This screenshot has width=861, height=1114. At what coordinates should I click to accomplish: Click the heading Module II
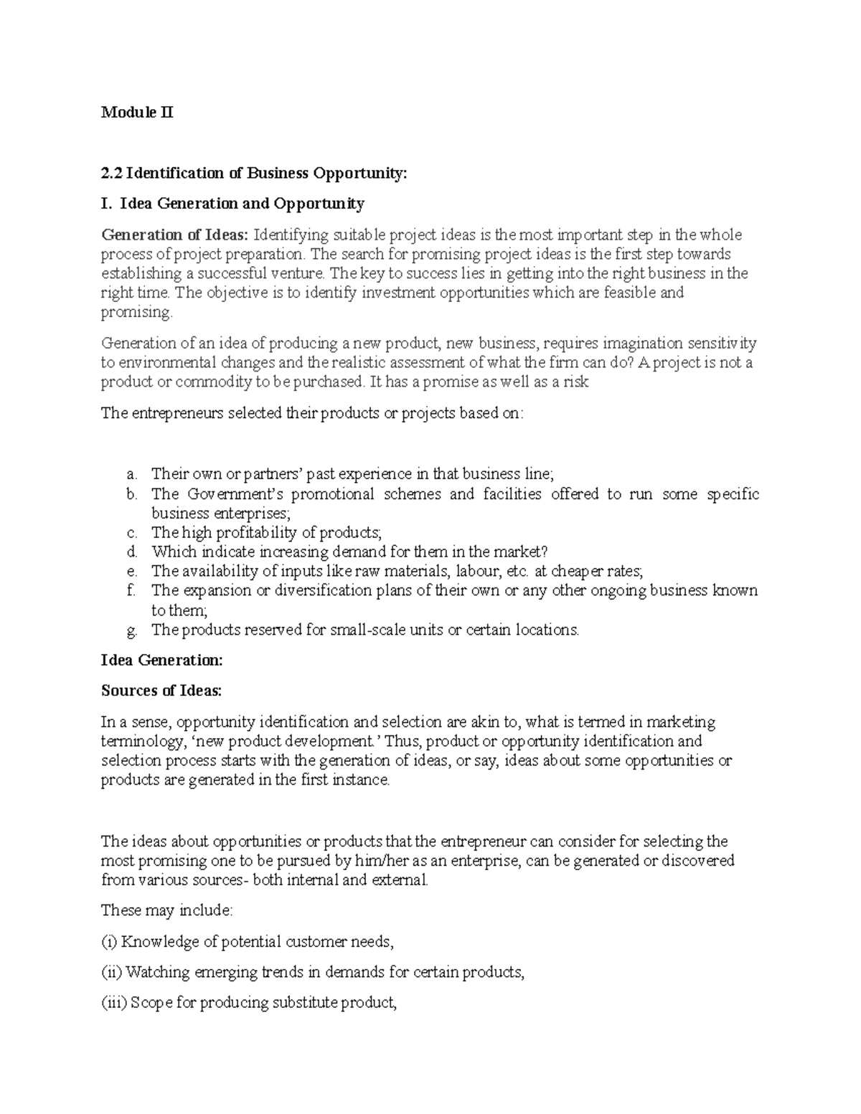(137, 113)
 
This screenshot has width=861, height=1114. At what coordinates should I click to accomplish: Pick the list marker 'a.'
(131, 474)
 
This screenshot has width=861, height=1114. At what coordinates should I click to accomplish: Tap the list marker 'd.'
(131, 552)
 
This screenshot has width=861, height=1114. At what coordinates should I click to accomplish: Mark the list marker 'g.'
(131, 631)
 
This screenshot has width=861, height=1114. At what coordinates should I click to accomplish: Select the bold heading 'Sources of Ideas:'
(162, 691)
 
